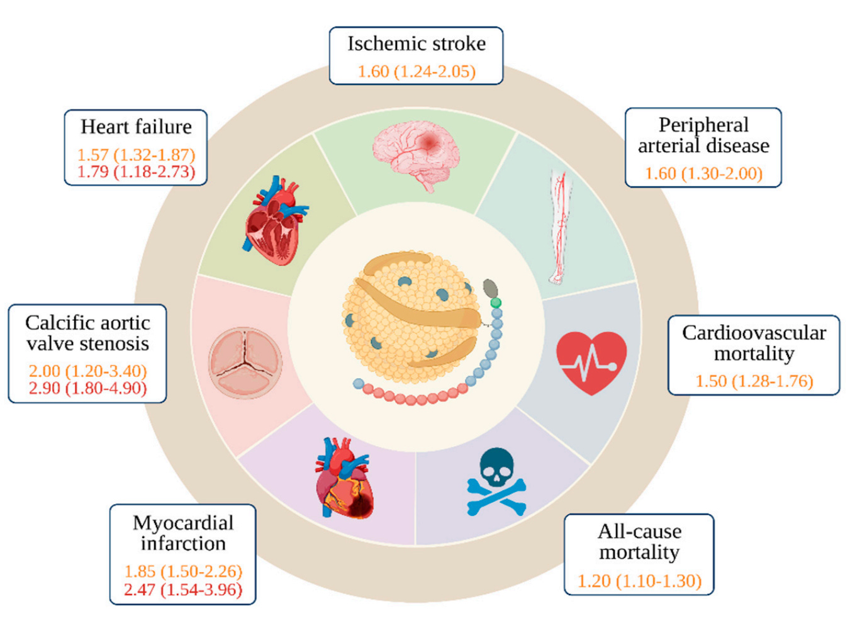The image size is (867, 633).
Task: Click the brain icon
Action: coord(416,155)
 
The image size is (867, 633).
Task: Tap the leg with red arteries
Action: coord(559,227)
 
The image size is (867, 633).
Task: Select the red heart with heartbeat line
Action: coord(591,362)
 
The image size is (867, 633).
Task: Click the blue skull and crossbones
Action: coord(496,481)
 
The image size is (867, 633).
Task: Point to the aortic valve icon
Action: coord(245,362)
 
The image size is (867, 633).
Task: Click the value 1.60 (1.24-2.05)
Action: coord(417,71)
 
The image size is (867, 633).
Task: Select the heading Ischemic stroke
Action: coord(417,43)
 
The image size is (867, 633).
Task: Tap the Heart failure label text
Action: coord(136,126)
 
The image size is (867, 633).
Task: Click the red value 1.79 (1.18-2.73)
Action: coord(136,171)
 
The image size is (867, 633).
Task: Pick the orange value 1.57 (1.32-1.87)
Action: coord(136,154)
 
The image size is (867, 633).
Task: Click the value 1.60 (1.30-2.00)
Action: coord(703,173)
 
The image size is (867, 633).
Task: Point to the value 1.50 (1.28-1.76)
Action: coord(754,381)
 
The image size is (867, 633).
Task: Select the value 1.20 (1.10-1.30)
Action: coord(639,580)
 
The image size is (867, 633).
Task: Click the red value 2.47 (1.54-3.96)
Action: coord(183,590)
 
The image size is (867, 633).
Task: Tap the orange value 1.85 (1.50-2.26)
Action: coord(183,571)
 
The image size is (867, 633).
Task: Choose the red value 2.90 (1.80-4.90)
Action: coord(87,388)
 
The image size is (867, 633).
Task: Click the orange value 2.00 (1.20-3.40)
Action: coord(87,371)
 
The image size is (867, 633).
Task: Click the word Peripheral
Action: coord(703,125)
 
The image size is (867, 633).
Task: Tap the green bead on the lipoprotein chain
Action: coord(496,303)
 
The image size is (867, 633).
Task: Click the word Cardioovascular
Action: coord(754,332)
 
